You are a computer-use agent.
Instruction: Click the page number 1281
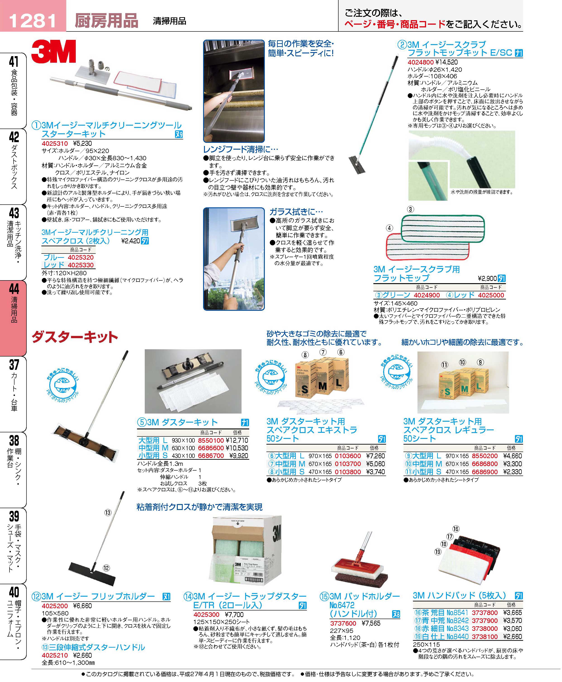pyautogui.click(x=33, y=21)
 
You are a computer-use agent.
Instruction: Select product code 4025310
pyautogui.click(x=55, y=144)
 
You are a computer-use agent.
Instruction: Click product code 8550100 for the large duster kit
pyautogui.click(x=211, y=441)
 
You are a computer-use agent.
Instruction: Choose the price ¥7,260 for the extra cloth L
pyautogui.click(x=375, y=456)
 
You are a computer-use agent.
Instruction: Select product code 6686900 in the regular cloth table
pyautogui.click(x=485, y=472)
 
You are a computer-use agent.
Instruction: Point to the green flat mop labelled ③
pyautogui.click(x=443, y=229)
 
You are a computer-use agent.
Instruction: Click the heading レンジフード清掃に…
pyautogui.click(x=241, y=149)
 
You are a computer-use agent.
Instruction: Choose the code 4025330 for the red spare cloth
pyautogui.click(x=81, y=265)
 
